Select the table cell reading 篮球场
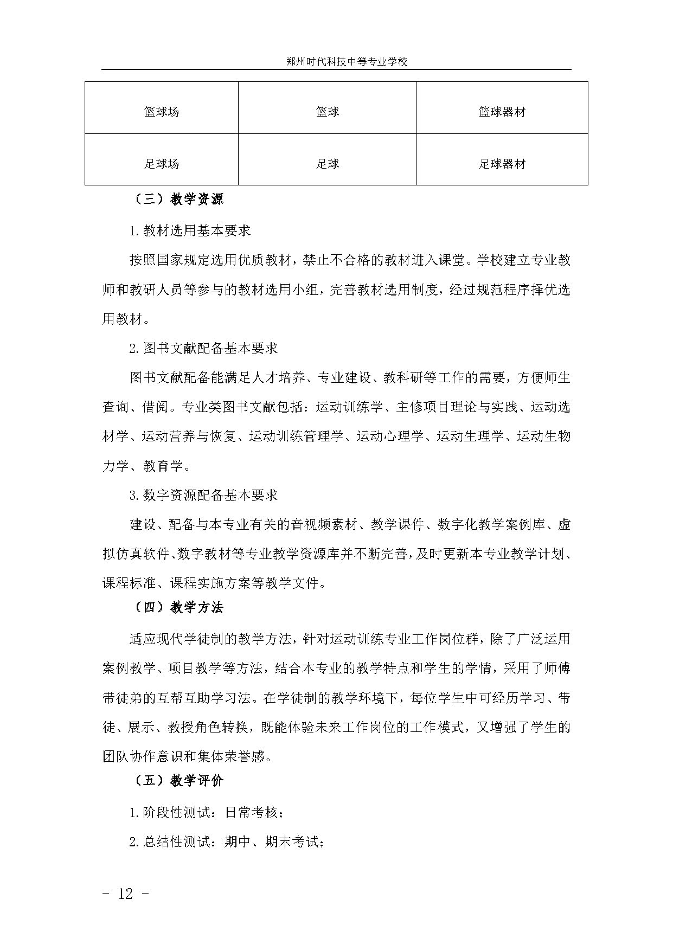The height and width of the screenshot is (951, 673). tap(162, 112)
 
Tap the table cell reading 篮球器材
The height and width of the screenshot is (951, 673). tap(502, 112)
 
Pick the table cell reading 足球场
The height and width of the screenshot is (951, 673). tap(162, 164)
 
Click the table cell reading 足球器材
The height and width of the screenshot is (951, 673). tap(502, 164)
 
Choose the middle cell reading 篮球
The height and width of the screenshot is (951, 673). tap(328, 112)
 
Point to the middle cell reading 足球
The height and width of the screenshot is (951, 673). tap(328, 164)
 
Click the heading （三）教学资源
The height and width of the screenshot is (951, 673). tap(178, 200)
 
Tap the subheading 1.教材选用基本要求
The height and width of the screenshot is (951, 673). tap(190, 230)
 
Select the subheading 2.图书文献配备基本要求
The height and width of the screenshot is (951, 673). tap(203, 348)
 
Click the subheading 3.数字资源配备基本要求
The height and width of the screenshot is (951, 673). tap(203, 495)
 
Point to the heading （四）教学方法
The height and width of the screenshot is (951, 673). tap(178, 608)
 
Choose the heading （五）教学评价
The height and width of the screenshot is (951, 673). tap(178, 781)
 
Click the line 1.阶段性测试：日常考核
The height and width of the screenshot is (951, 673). tap(206, 813)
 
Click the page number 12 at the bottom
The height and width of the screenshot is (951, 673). tap(125, 894)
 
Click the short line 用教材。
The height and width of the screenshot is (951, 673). tap(126, 319)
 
